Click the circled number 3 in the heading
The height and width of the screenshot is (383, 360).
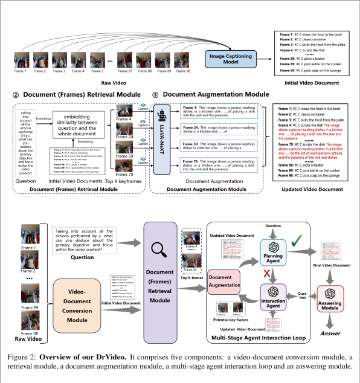[x=155, y=95]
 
